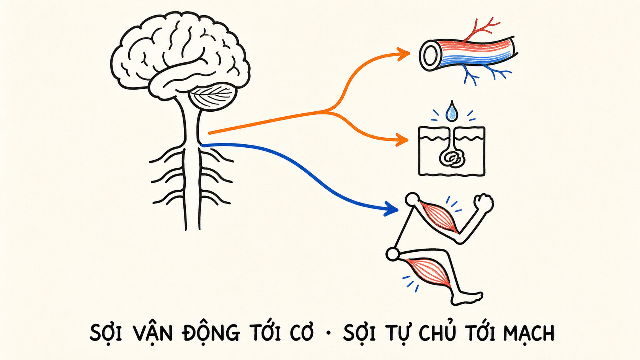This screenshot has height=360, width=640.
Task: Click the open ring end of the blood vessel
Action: coord(429,56)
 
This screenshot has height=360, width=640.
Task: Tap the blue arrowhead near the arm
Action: coord(392,209)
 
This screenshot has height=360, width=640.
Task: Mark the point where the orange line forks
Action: coord(328,111)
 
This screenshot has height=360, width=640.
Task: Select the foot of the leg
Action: coord(467,298)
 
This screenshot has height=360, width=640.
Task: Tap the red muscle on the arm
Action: coord(438,217)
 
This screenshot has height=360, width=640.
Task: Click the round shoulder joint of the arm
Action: coord(413,199)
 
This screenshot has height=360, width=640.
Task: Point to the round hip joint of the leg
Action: coord(393,254)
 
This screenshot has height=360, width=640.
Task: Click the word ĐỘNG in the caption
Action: coord(211,332)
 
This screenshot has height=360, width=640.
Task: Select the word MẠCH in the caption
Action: coord(529,333)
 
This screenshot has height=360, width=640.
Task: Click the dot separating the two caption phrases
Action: coord(328,333)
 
